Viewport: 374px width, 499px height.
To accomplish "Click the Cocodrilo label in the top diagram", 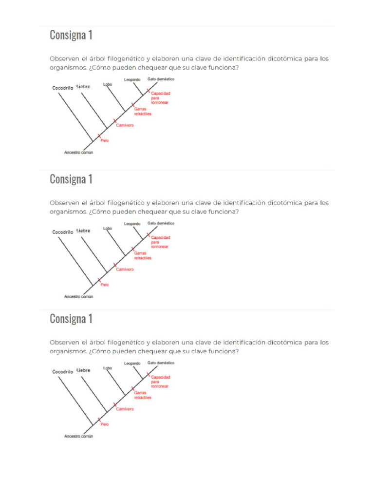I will pyautogui.click(x=62, y=88).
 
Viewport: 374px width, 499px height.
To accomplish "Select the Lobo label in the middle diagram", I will pyautogui.click(x=108, y=228).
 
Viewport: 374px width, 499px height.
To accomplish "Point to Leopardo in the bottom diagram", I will pyautogui.click(x=132, y=363).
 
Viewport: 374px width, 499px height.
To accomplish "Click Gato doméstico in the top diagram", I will pyautogui.click(x=161, y=78).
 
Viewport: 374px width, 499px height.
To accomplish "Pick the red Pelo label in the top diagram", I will pyautogui.click(x=105, y=140).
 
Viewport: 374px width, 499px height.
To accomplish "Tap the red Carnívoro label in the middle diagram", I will pyautogui.click(x=125, y=269).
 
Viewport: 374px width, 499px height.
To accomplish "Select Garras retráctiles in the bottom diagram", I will pyautogui.click(x=143, y=395).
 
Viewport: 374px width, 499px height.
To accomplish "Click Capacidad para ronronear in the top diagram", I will pyautogui.click(x=160, y=97).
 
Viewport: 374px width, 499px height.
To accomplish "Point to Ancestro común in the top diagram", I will pyautogui.click(x=78, y=153).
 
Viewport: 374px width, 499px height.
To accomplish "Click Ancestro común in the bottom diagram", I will pyautogui.click(x=78, y=436).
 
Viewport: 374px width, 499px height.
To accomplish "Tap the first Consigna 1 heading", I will pyautogui.click(x=71, y=35).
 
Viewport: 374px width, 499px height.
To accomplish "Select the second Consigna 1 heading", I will pyautogui.click(x=71, y=179).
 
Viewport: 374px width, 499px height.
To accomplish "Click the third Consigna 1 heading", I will pyautogui.click(x=71, y=319).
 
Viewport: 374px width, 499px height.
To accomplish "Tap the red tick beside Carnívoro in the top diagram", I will pyautogui.click(x=115, y=120).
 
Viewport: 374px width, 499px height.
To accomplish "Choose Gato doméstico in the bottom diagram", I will pyautogui.click(x=161, y=363).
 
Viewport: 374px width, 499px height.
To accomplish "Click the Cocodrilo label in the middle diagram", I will pyautogui.click(x=62, y=232).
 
